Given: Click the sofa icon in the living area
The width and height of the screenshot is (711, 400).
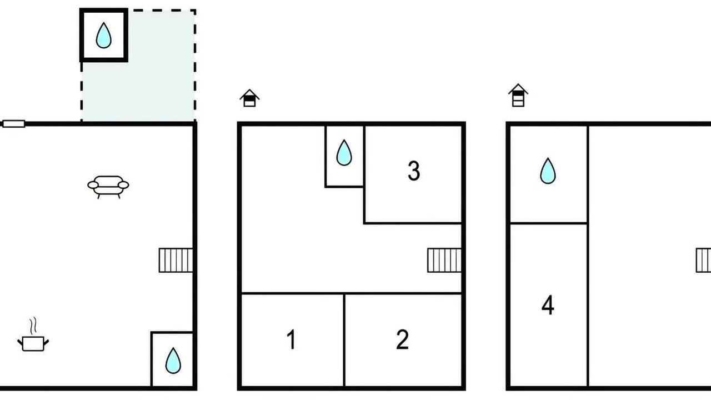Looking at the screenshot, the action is coord(108,187).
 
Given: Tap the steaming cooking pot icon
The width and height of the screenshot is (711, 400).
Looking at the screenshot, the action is coord(33,343).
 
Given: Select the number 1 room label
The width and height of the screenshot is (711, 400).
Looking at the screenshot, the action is coord(292,339).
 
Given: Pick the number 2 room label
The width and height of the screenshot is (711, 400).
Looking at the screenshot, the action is coord(402,339).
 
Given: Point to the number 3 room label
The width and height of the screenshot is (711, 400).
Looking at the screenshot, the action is coord(414,171).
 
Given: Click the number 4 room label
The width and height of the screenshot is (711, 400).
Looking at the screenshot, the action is coord(548,305).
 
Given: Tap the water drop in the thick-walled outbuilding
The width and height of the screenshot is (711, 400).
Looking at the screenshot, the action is coord(103,35).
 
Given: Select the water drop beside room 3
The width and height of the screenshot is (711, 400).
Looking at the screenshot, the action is coord(344,153).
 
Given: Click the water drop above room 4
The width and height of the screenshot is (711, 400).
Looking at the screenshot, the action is coord(548,171).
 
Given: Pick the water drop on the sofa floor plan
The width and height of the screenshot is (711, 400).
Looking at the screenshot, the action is coord(173,361).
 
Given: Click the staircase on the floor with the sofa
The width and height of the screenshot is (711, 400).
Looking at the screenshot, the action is coord(176,261).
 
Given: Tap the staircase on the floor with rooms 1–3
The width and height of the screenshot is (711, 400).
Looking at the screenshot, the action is coord(444,261).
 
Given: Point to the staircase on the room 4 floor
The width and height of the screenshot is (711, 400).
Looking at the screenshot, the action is coord(703,261).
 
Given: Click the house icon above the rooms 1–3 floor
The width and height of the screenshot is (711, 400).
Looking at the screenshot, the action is coord(249,98).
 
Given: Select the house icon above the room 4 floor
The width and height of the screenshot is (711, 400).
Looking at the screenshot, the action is coord(518,95).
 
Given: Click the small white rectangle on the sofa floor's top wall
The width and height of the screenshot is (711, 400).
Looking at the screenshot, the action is coord(14,124).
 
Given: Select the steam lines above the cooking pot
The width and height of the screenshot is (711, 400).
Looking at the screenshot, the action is coord(33,326).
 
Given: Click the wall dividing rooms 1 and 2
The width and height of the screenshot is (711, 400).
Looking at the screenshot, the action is coord(344,340).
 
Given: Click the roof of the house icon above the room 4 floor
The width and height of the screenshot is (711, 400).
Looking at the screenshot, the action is coord(518,88).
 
